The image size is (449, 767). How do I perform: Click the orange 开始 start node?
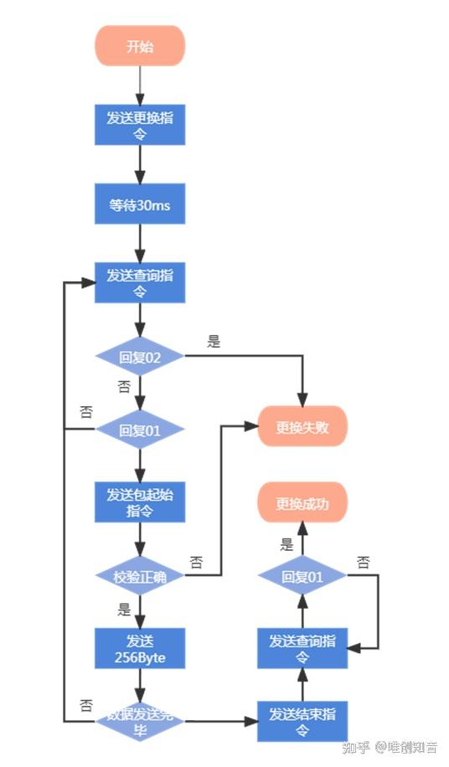point(140,45)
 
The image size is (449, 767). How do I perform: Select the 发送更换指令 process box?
point(140,126)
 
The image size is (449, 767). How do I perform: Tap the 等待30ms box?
point(140,204)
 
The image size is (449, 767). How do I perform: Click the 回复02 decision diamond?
point(140,357)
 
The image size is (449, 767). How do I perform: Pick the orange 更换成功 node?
point(302,504)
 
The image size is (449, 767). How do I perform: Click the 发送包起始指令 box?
point(140,502)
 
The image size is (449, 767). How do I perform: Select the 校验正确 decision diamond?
point(140,577)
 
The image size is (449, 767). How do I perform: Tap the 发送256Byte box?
point(140,650)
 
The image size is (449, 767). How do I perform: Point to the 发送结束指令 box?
point(302,721)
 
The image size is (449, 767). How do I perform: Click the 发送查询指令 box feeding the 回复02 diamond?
point(140,283)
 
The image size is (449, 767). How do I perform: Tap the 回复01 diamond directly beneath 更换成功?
point(302,576)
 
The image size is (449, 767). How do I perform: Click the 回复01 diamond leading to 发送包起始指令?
point(140,430)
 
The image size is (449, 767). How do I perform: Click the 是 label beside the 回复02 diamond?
point(214,342)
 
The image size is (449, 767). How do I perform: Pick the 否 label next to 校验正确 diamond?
point(197,561)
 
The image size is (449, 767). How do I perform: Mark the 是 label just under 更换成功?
point(287,544)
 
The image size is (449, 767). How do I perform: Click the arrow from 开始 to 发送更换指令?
point(140,85)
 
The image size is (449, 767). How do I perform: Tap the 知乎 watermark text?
point(357,747)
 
